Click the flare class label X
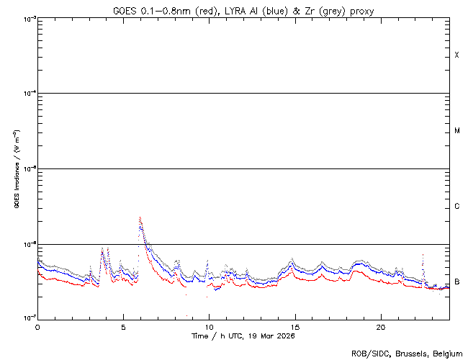pyautogui.click(x=456, y=55)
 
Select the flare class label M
pyautogui.click(x=456, y=131)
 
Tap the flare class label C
pyautogui.click(x=456, y=207)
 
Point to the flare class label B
pyautogui.click(x=456, y=282)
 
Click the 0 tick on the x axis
pyautogui.click(x=37, y=326)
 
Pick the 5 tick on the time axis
pyautogui.click(x=123, y=326)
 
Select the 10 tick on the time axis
pyautogui.click(x=209, y=326)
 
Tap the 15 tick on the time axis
pyautogui.click(x=294, y=326)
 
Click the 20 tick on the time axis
pyautogui.click(x=380, y=326)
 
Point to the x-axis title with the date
pyautogui.click(x=243, y=336)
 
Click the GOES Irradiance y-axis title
pyautogui.click(x=16, y=169)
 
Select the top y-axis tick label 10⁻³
pyautogui.click(x=30, y=18)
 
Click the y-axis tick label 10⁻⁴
pyautogui.click(x=30, y=93)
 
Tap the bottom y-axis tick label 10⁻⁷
pyautogui.click(x=30, y=318)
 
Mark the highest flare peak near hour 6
pyautogui.click(x=140, y=217)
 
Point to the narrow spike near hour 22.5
pyautogui.click(x=423, y=255)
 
